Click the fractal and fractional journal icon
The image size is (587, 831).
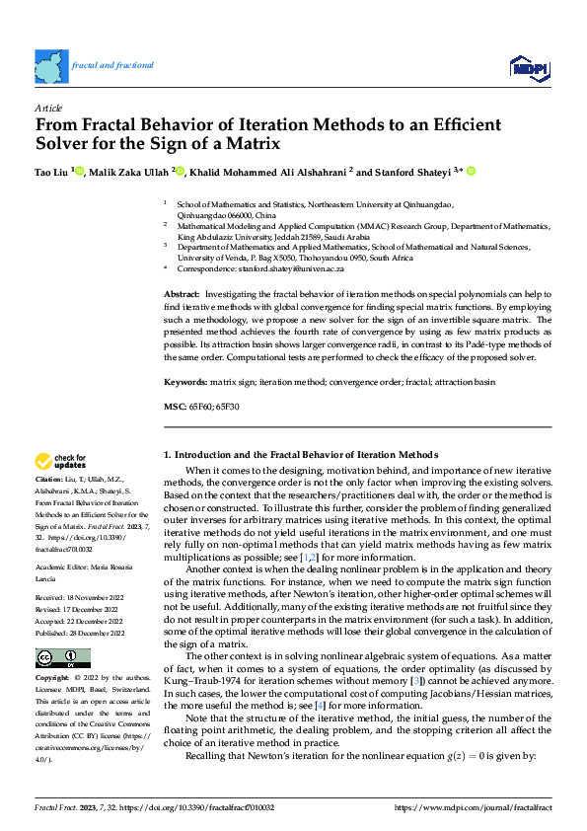[x=49, y=65]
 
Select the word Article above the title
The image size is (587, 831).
[x=48, y=108]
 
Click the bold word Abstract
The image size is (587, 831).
[x=181, y=295]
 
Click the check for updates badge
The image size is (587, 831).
[x=61, y=461]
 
